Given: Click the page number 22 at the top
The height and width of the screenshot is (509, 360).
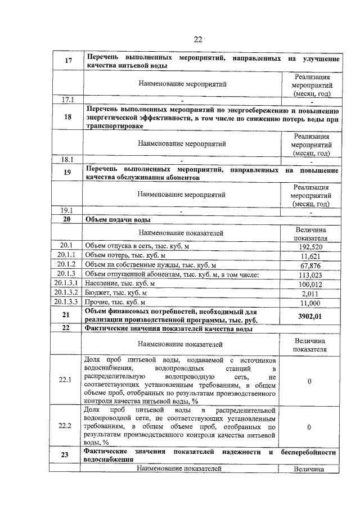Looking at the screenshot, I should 197,39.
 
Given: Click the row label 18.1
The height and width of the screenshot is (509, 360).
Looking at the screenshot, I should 67,159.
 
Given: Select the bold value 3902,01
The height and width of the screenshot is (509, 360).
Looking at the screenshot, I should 310,316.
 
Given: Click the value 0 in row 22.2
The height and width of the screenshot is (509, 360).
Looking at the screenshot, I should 310,427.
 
